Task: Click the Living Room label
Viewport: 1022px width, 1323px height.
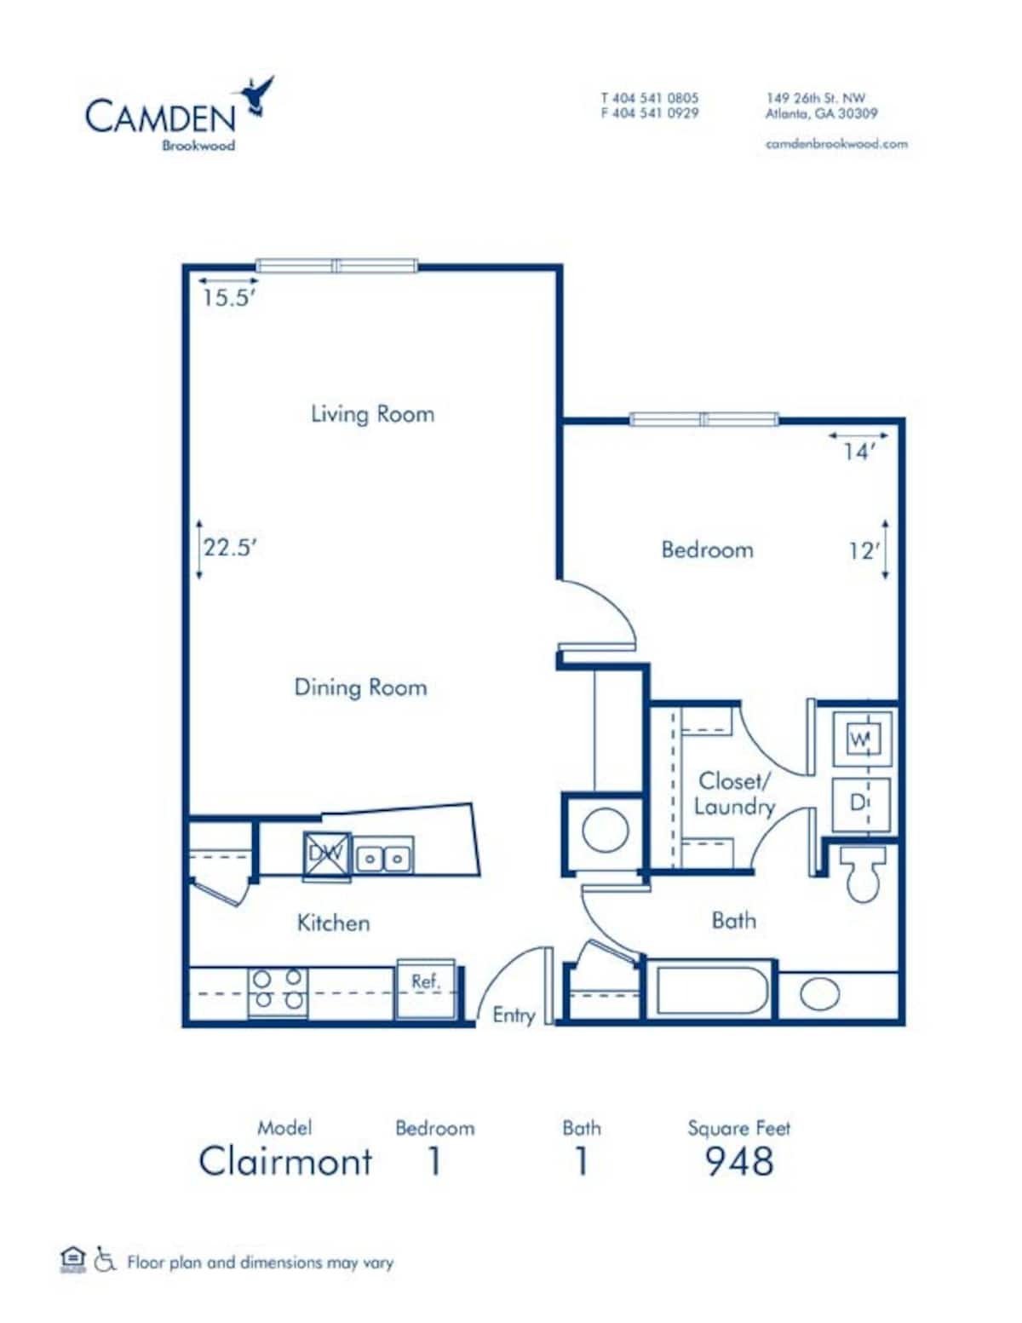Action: [372, 414]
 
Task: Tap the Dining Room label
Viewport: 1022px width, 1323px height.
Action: [360, 687]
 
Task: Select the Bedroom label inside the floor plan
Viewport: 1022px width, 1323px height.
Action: [707, 549]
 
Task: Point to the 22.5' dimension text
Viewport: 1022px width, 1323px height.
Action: [229, 548]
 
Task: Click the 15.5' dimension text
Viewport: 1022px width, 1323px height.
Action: [228, 298]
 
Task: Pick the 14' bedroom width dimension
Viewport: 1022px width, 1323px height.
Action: [858, 452]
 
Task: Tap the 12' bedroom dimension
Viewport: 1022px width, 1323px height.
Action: [862, 551]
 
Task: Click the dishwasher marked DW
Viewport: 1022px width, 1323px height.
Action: [326, 853]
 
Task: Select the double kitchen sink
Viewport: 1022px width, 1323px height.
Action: [384, 857]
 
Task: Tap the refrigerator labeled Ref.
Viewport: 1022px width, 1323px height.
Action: [426, 988]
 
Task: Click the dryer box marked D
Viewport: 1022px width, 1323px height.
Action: [860, 802]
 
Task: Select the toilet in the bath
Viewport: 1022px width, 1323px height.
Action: [863, 873]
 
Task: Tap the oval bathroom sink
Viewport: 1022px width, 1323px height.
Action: [819, 994]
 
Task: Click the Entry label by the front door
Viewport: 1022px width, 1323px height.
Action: [514, 1015]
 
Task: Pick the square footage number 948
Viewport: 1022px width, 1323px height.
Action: [738, 1161]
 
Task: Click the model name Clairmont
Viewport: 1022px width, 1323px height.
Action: [285, 1161]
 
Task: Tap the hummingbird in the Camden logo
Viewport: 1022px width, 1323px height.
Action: [257, 94]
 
